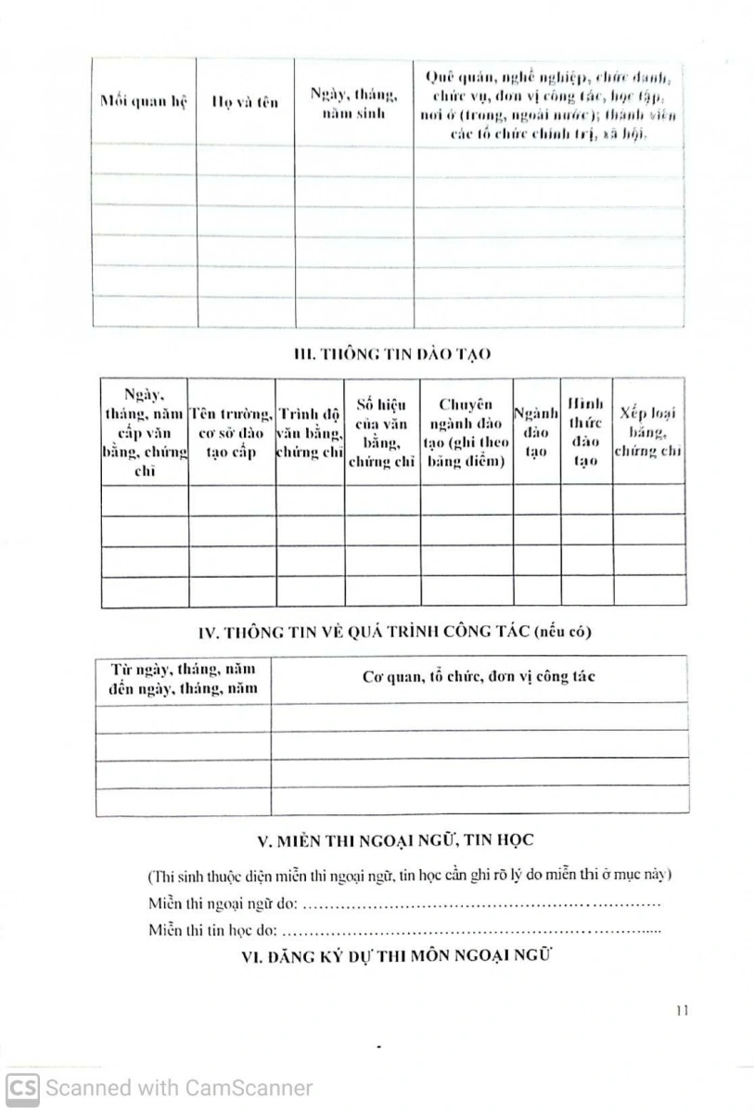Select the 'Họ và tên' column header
245,102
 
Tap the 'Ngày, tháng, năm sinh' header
353,102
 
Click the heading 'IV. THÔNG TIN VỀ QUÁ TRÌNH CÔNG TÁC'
395,632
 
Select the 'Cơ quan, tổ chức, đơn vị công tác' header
479,676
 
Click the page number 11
682,1011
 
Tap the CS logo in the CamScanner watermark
22,1087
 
